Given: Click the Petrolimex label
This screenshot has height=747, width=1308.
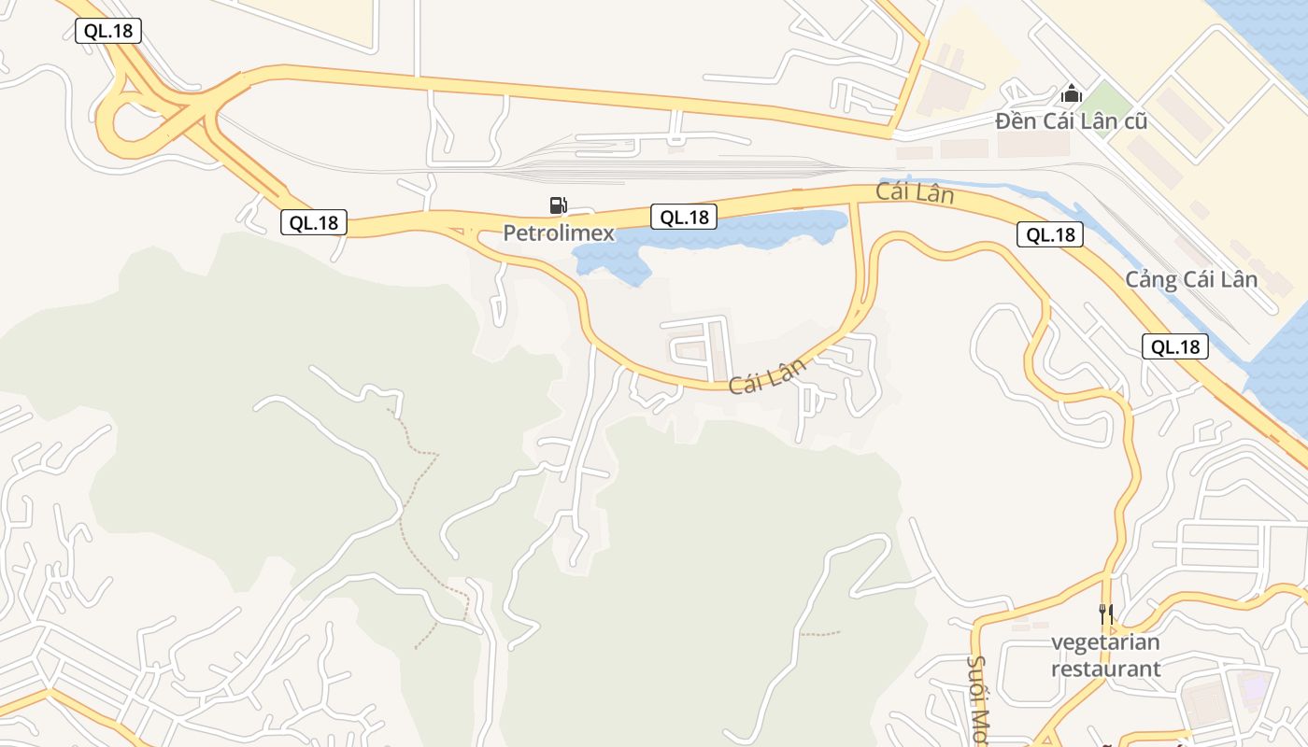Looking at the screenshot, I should pyautogui.click(x=559, y=233).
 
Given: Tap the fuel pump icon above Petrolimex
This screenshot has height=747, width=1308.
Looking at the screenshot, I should pyautogui.click(x=558, y=205).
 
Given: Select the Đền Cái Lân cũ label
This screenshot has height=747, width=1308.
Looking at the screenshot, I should pyautogui.click(x=1071, y=121).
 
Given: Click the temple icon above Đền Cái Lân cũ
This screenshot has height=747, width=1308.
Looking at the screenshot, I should pyautogui.click(x=1071, y=93).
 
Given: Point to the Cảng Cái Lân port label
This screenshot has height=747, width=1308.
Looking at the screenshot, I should pyautogui.click(x=1190, y=279).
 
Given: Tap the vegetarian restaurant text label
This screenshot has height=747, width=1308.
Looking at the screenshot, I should pyautogui.click(x=1105, y=655).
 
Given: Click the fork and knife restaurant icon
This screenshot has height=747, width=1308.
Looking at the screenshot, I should pyautogui.click(x=1105, y=614).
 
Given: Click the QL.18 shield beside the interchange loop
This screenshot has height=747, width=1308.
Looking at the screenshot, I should pyautogui.click(x=108, y=31).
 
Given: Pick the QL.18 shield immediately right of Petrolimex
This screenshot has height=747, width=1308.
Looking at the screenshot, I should pyautogui.click(x=684, y=218).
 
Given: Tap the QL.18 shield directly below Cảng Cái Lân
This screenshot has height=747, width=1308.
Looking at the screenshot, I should pyautogui.click(x=1174, y=347).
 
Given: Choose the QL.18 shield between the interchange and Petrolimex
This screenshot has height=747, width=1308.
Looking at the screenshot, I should pyautogui.click(x=314, y=222).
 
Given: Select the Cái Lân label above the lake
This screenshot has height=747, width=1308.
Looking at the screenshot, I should pyautogui.click(x=915, y=193).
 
